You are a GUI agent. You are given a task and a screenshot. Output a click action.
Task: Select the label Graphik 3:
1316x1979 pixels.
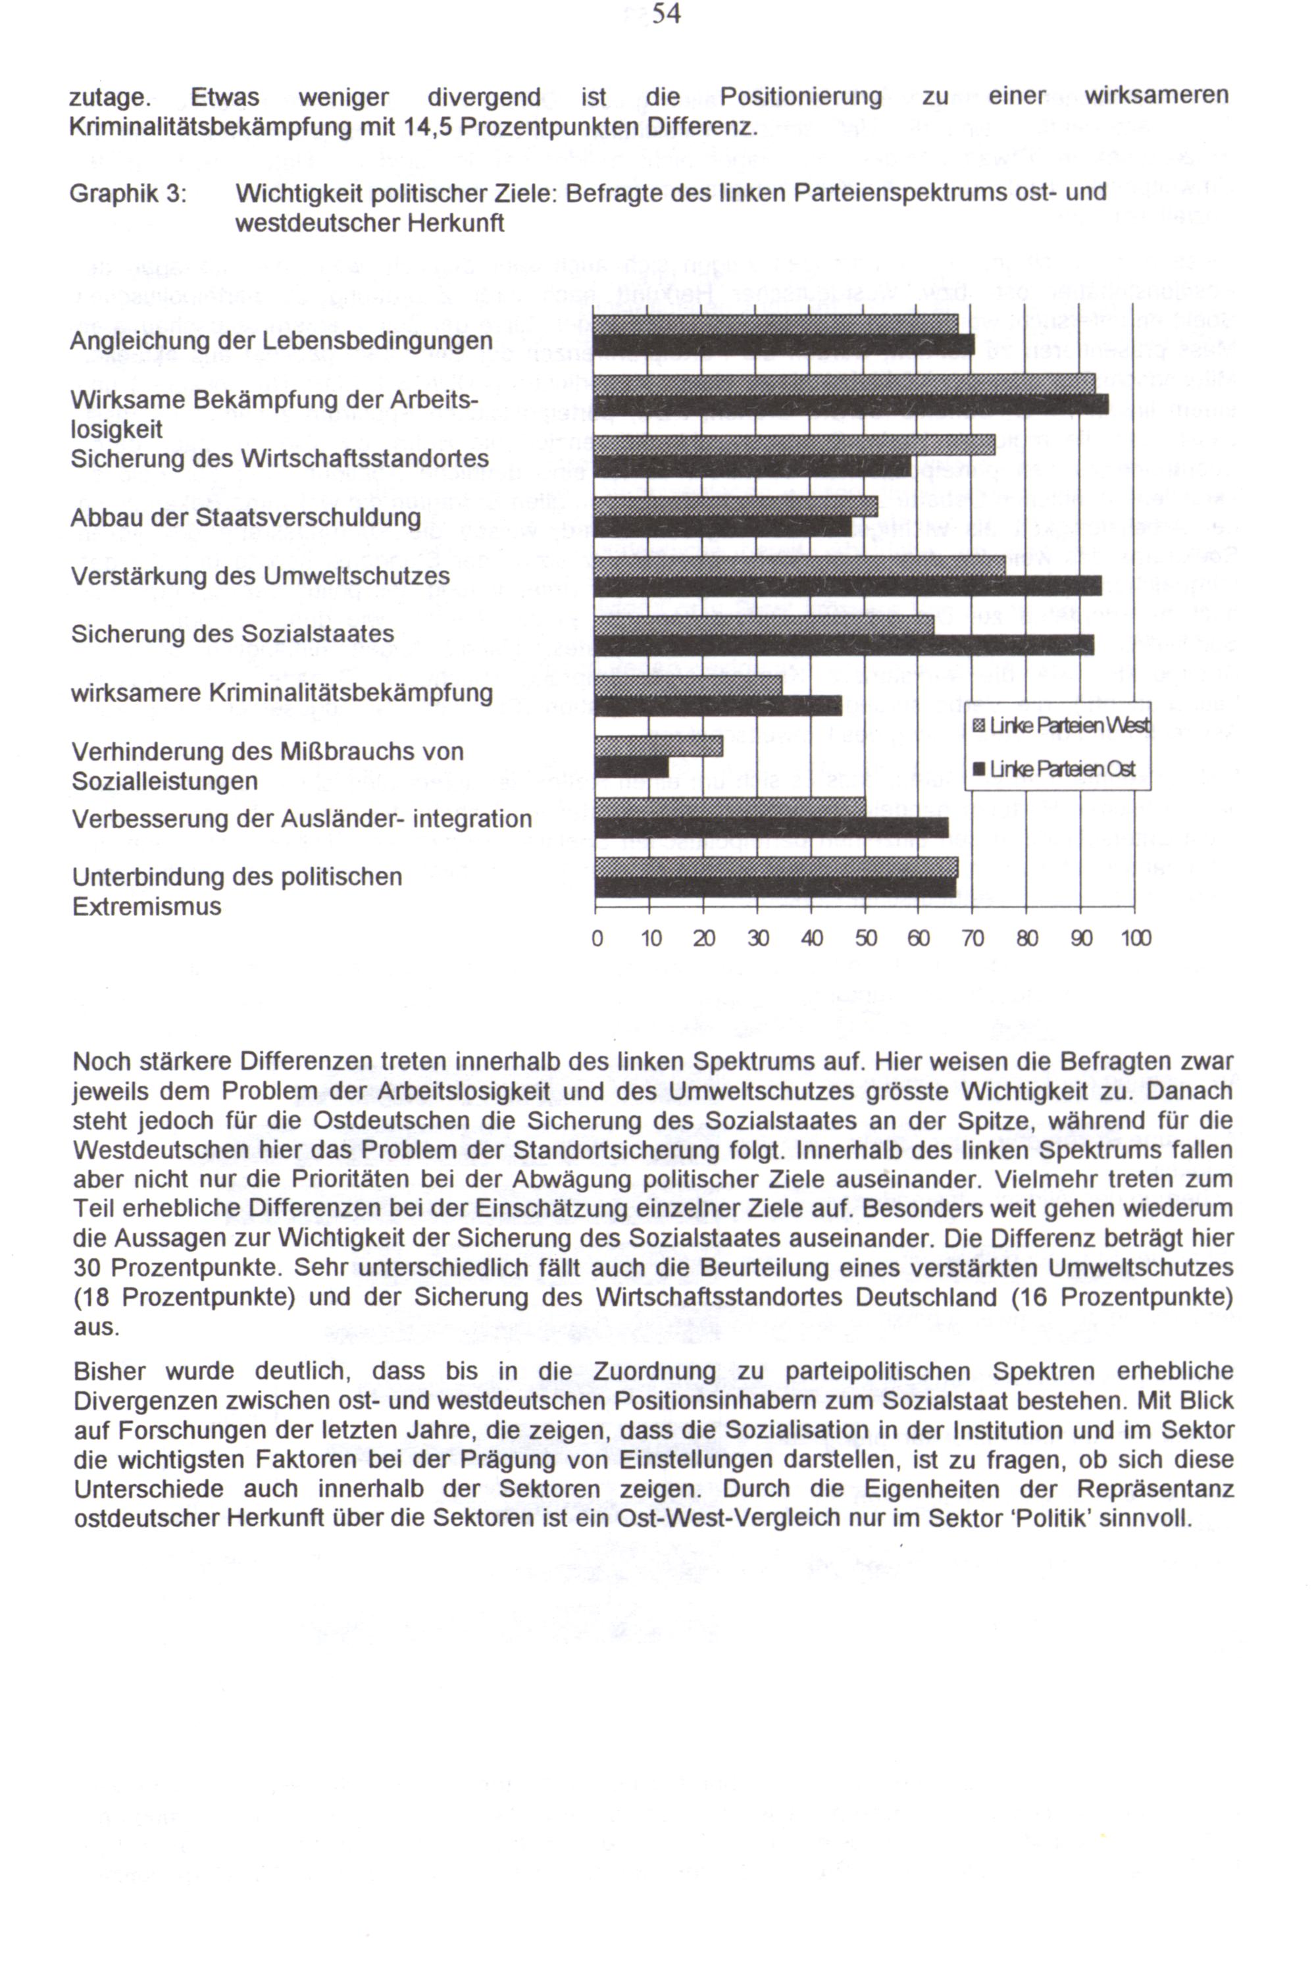(128, 194)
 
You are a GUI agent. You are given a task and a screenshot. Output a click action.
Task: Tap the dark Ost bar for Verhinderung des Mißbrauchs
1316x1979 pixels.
(632, 767)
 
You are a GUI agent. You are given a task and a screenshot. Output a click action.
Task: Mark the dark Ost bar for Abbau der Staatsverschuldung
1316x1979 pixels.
(722, 527)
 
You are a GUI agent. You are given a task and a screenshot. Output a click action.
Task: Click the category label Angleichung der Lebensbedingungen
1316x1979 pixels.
(281, 341)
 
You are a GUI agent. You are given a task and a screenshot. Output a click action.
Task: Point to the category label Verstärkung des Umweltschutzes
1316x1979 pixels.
(260, 576)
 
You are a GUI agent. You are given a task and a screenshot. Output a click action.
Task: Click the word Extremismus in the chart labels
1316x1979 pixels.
(147, 906)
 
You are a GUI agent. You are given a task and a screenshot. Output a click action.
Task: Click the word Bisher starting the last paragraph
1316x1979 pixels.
(109, 1372)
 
